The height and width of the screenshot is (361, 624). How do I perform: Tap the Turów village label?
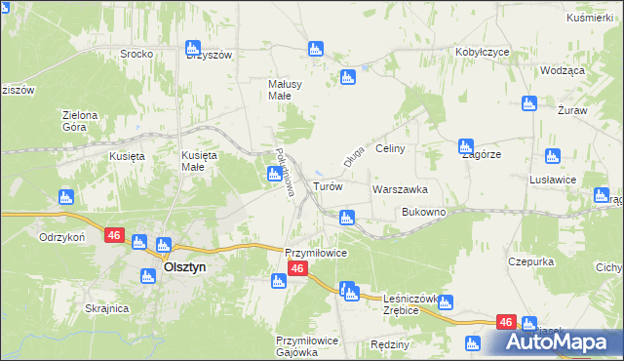coord(327,185)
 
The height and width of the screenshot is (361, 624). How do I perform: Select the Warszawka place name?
coord(400,189)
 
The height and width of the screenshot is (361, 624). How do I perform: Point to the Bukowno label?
coord(423,212)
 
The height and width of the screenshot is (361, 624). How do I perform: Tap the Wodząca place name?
coord(561,71)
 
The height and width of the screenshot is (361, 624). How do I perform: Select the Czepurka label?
coord(531,261)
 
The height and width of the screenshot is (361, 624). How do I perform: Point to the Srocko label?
coord(136,54)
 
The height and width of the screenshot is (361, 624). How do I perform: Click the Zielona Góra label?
coord(80,121)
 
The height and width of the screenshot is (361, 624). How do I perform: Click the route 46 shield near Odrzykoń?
coord(114,235)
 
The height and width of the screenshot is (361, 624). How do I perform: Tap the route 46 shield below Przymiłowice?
coord(298,280)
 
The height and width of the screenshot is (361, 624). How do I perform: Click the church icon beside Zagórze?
coord(467,146)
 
